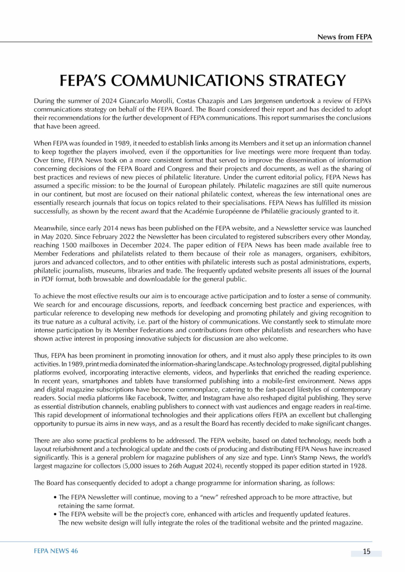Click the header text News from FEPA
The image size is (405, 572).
(344, 37)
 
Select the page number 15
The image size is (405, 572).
(367, 551)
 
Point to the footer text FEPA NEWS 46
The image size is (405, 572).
(56, 551)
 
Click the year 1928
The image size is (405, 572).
(358, 466)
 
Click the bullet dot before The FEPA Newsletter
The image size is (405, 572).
(55, 497)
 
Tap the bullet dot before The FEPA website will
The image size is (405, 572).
(55, 514)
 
